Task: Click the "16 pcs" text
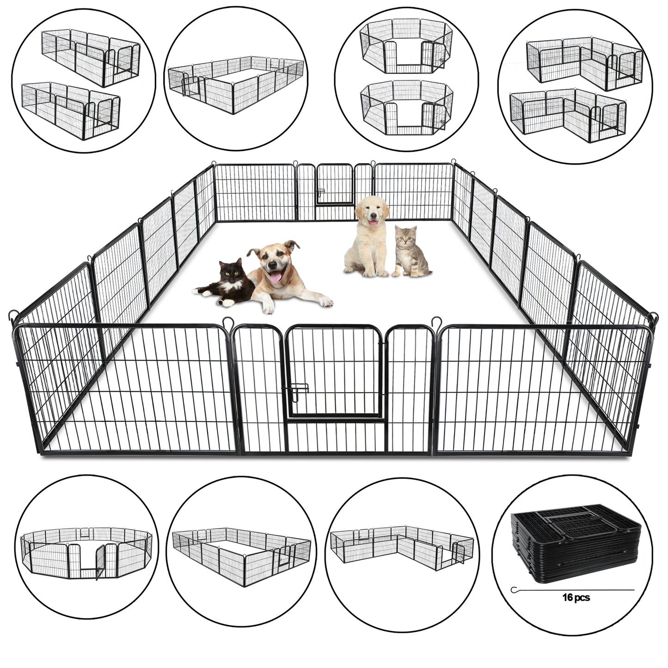(x=576, y=597)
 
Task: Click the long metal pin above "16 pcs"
(x=573, y=588)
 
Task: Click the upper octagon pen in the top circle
(x=406, y=48)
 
